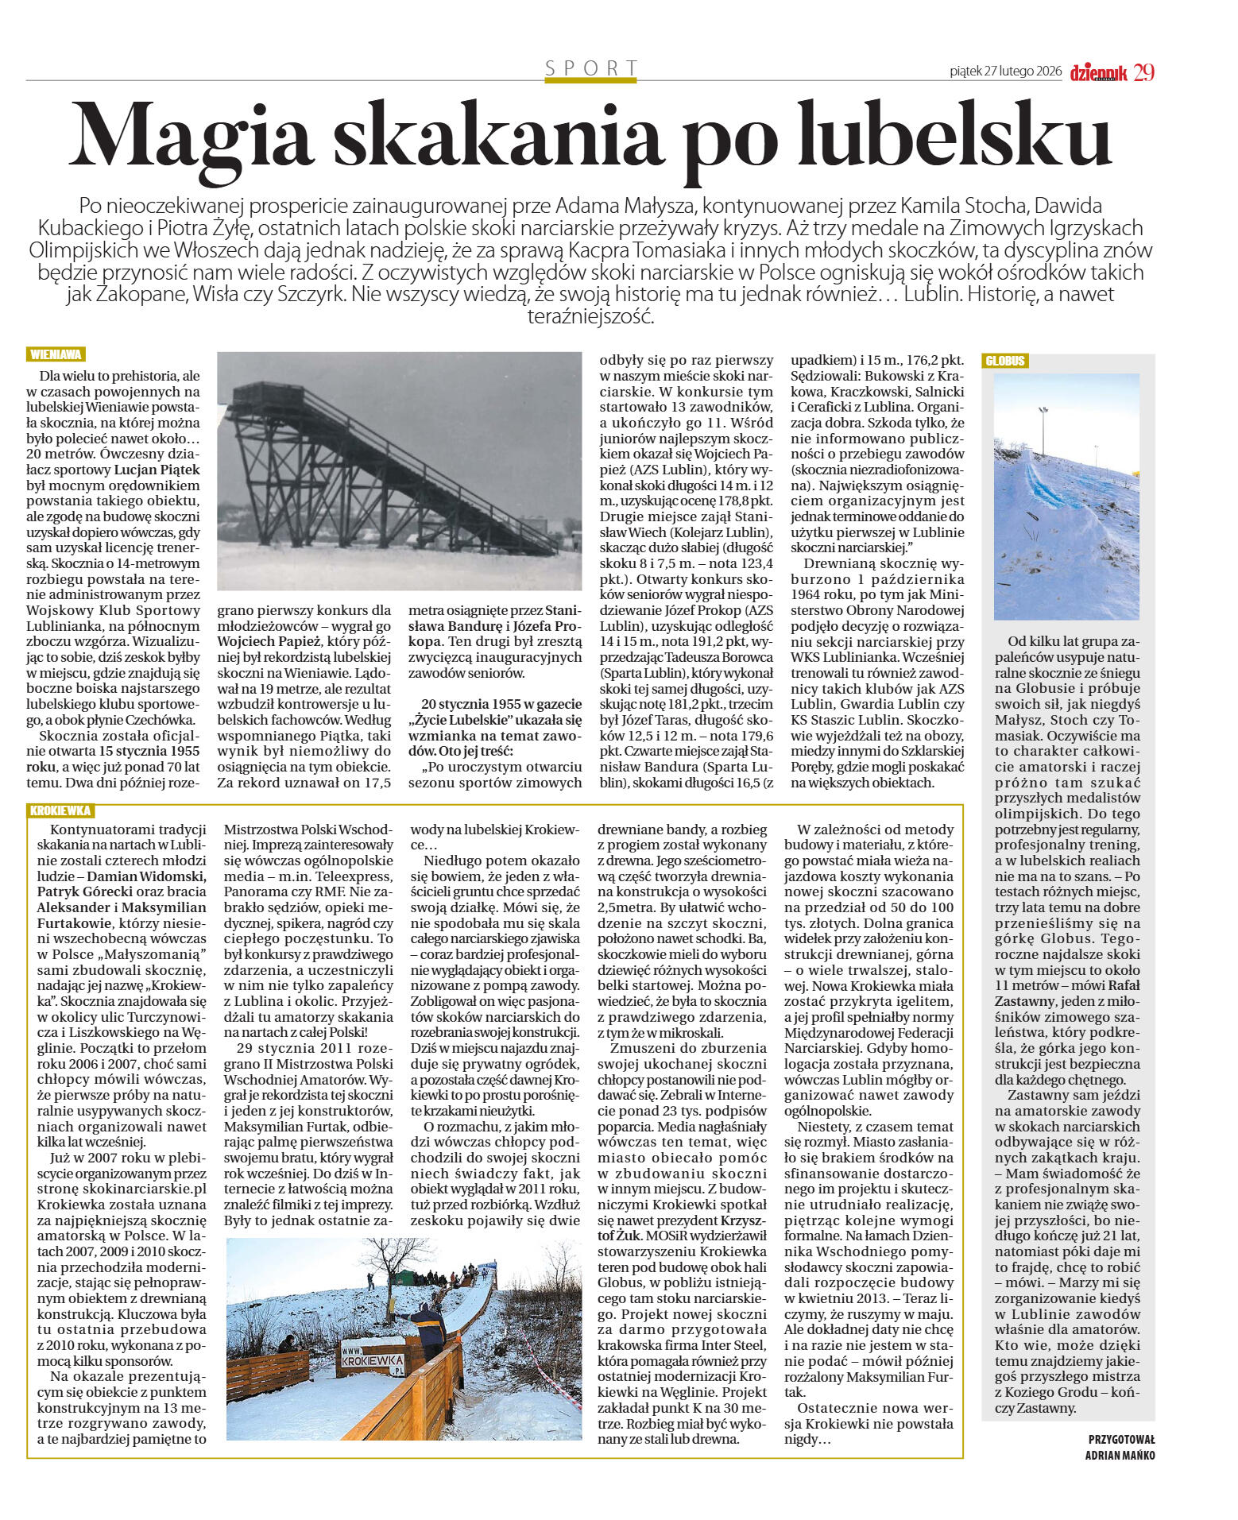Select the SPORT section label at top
591,68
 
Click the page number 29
1143,72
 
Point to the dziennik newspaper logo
1098,73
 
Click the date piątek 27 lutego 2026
1005,72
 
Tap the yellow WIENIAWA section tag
56,354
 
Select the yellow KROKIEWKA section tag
60,810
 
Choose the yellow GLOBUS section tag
1005,361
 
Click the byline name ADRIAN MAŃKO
1120,1455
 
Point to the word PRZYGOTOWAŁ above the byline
1121,1439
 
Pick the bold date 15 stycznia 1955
149,751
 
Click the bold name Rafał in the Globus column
1123,985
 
